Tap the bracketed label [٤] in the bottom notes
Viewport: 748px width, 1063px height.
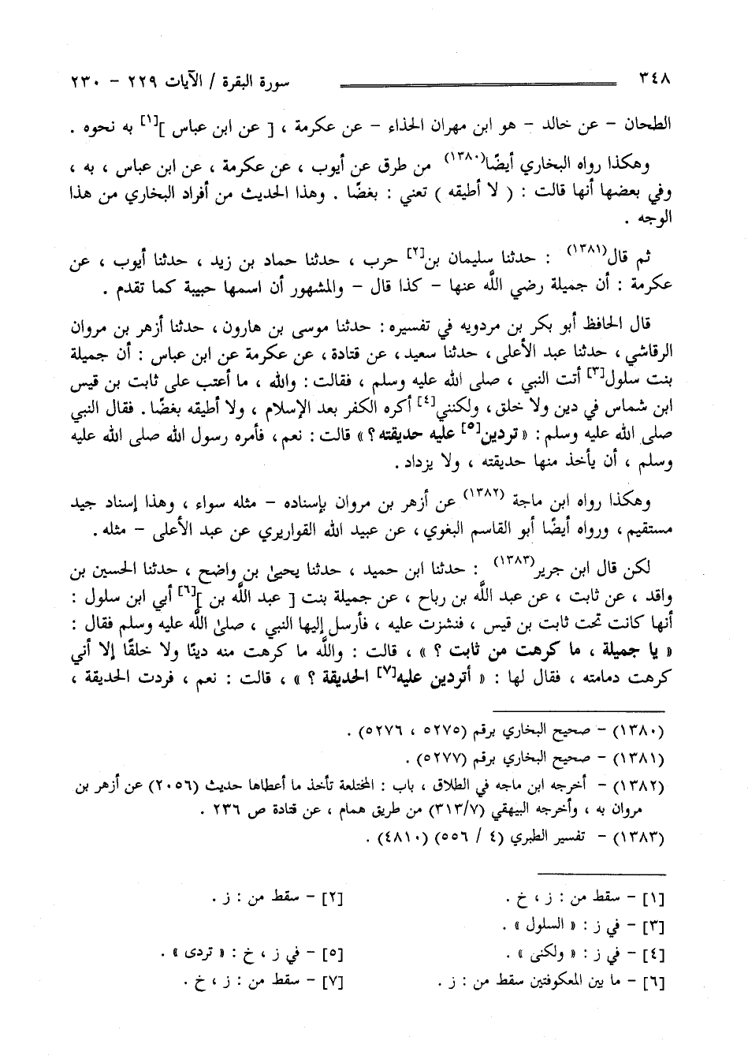(x=652, y=955)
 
